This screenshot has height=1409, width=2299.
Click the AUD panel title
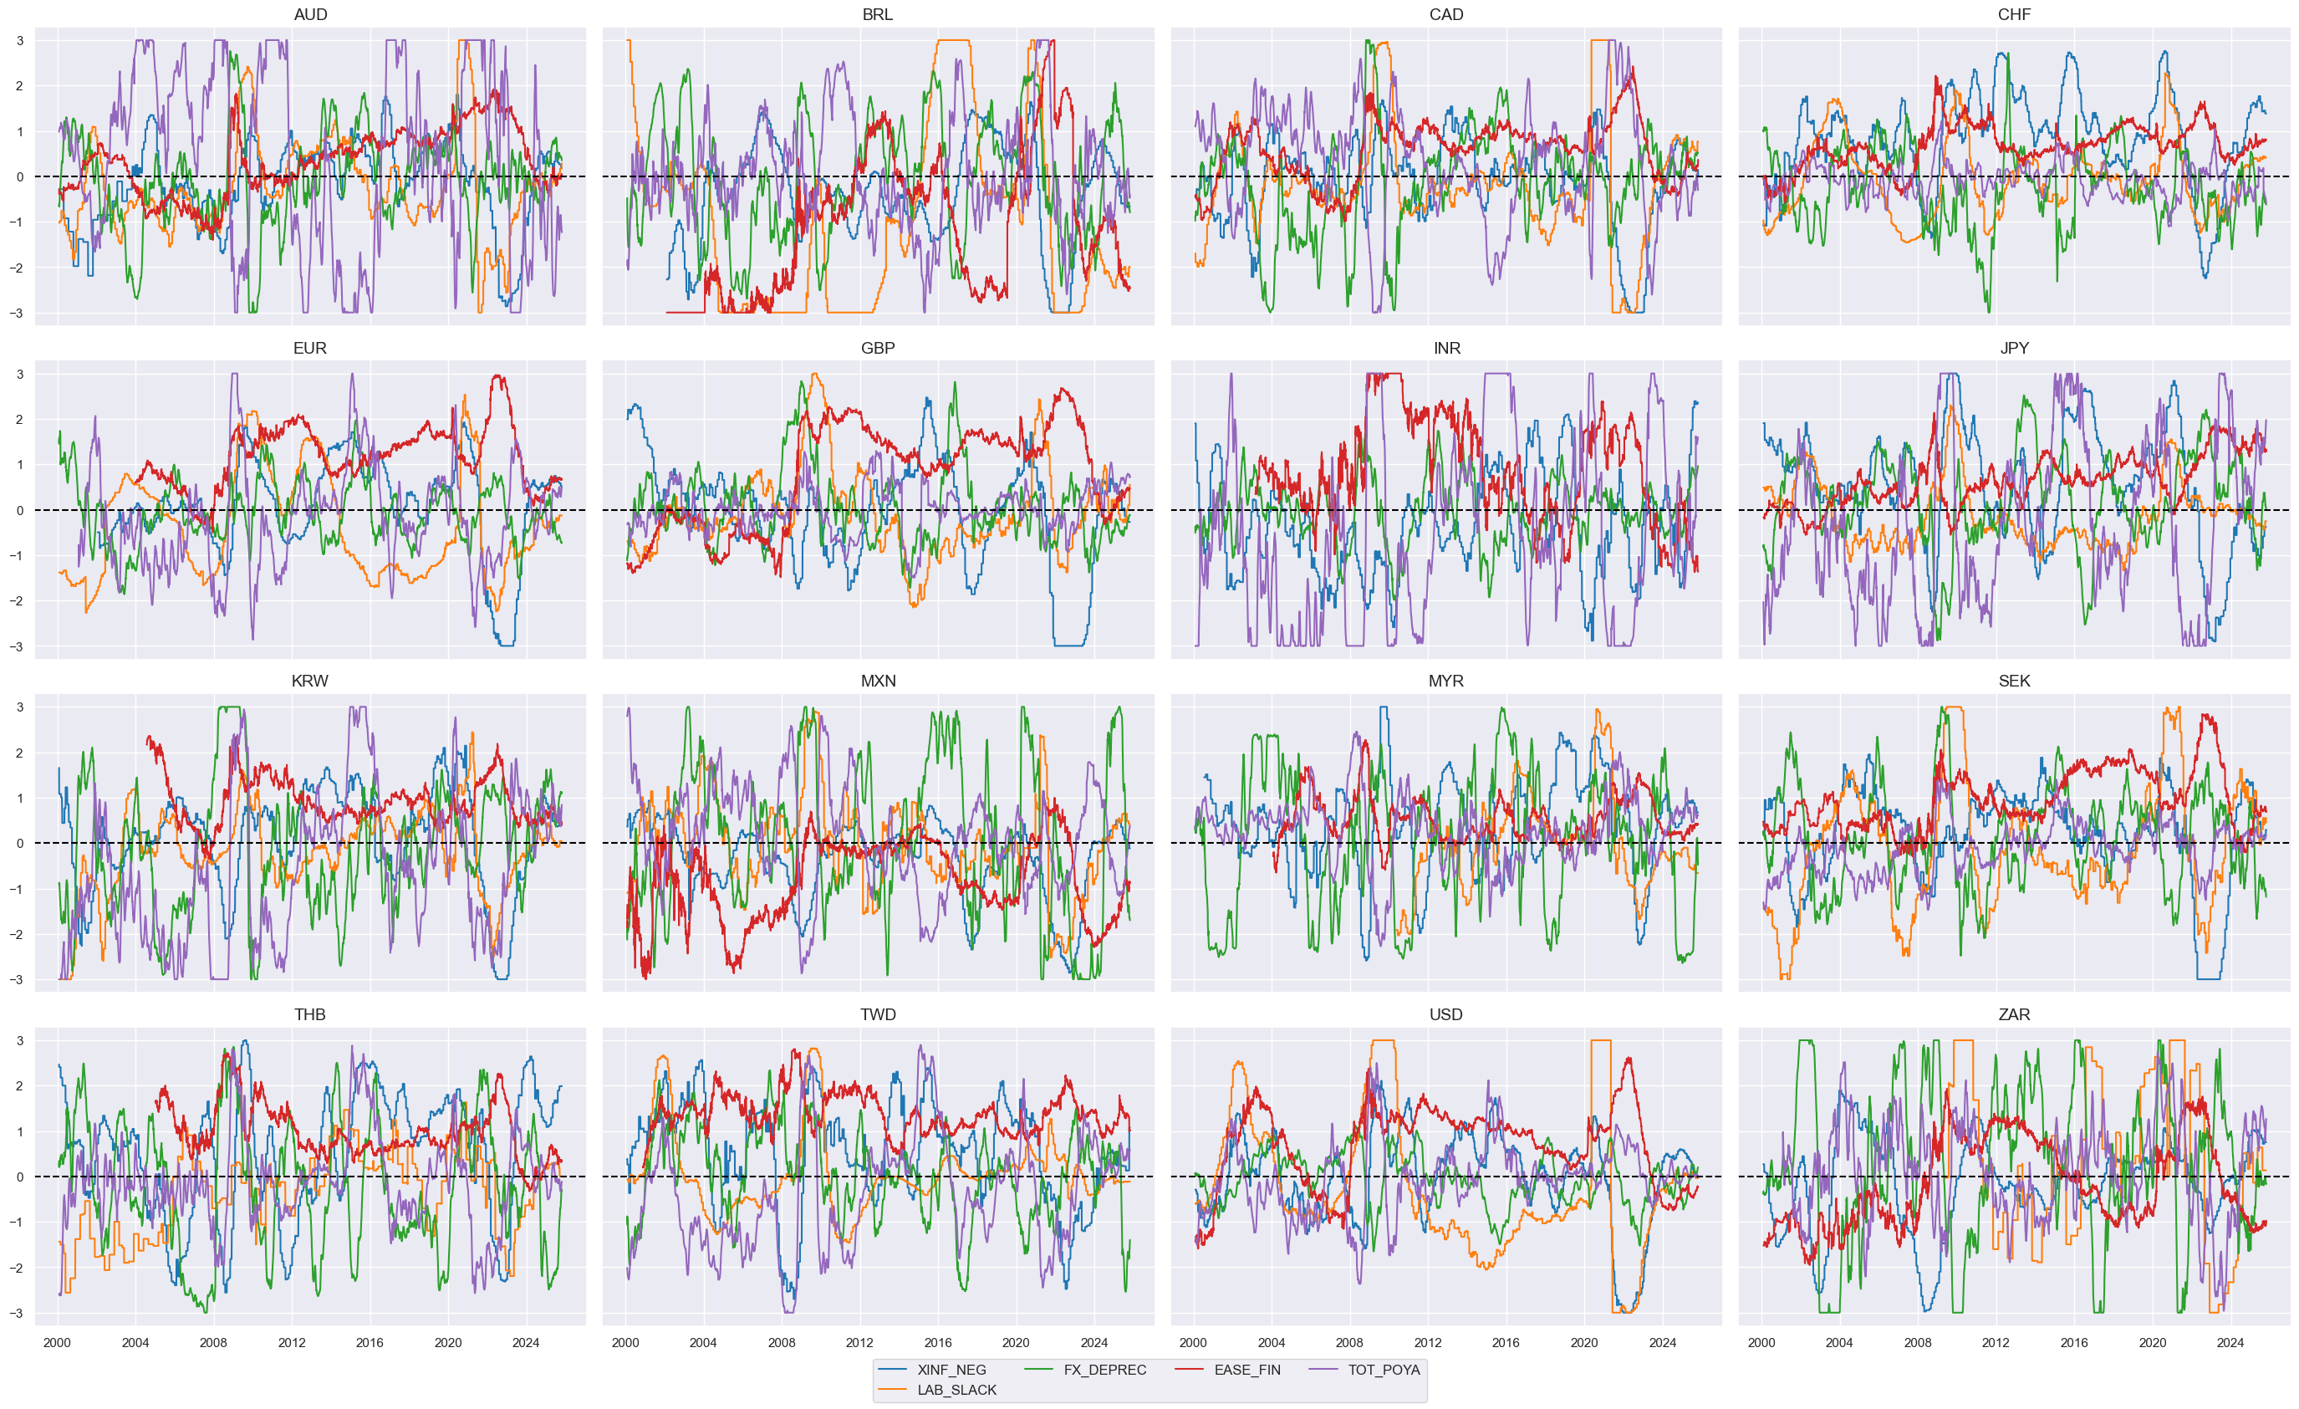coord(310,15)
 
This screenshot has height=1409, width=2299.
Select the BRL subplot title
coord(877,15)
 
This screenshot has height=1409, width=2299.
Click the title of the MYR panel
coord(1445,682)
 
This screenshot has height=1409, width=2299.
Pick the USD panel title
coord(1445,1014)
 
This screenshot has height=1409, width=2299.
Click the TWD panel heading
coord(877,1014)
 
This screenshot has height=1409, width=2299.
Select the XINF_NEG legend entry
coord(951,1370)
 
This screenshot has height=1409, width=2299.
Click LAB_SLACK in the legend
coord(956,1390)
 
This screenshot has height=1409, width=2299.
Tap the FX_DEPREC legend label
coord(1104,1370)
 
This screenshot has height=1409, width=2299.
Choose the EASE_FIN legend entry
coord(1246,1370)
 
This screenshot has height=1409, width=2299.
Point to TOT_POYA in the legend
coord(1384,1370)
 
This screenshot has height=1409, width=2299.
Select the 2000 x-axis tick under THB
coord(57,1343)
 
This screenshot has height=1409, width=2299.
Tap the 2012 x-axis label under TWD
coord(859,1343)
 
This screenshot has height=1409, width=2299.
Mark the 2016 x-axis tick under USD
coord(1505,1343)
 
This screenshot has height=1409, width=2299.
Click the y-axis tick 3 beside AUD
coord(19,41)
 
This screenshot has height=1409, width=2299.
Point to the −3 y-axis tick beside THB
coord(17,1313)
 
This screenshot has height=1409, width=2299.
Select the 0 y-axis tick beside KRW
coord(19,844)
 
